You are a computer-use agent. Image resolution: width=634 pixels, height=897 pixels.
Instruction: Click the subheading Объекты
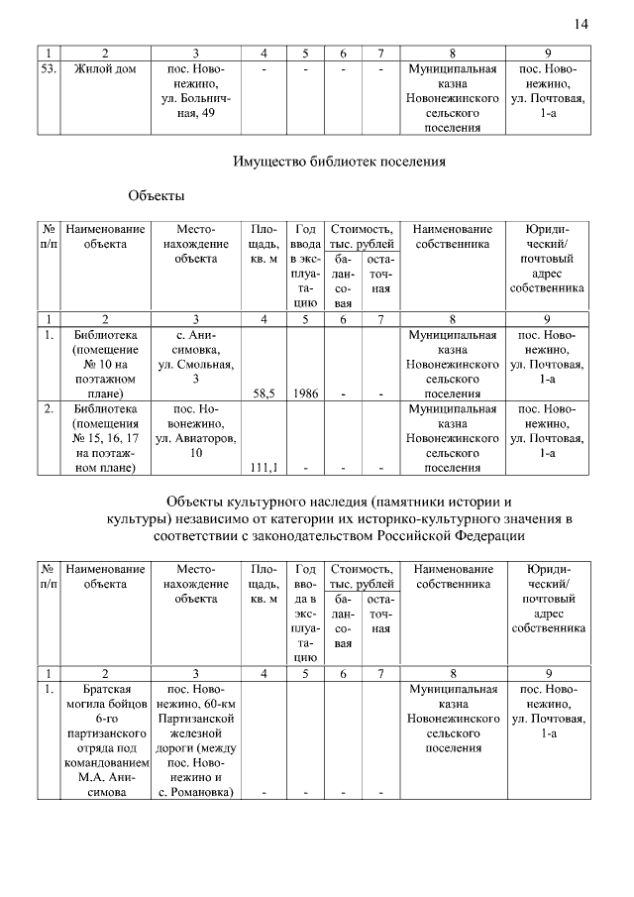coord(156,196)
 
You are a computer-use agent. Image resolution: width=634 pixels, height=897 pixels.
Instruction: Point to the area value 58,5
coord(264,392)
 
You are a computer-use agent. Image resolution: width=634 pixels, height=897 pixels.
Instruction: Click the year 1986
coord(305,392)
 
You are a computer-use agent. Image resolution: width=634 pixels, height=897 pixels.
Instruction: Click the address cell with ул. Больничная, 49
coord(196,92)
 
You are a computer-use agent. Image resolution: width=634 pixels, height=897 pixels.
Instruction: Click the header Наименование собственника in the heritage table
coord(453,577)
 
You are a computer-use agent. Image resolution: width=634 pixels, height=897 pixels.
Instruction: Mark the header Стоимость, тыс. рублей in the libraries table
coord(362,236)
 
